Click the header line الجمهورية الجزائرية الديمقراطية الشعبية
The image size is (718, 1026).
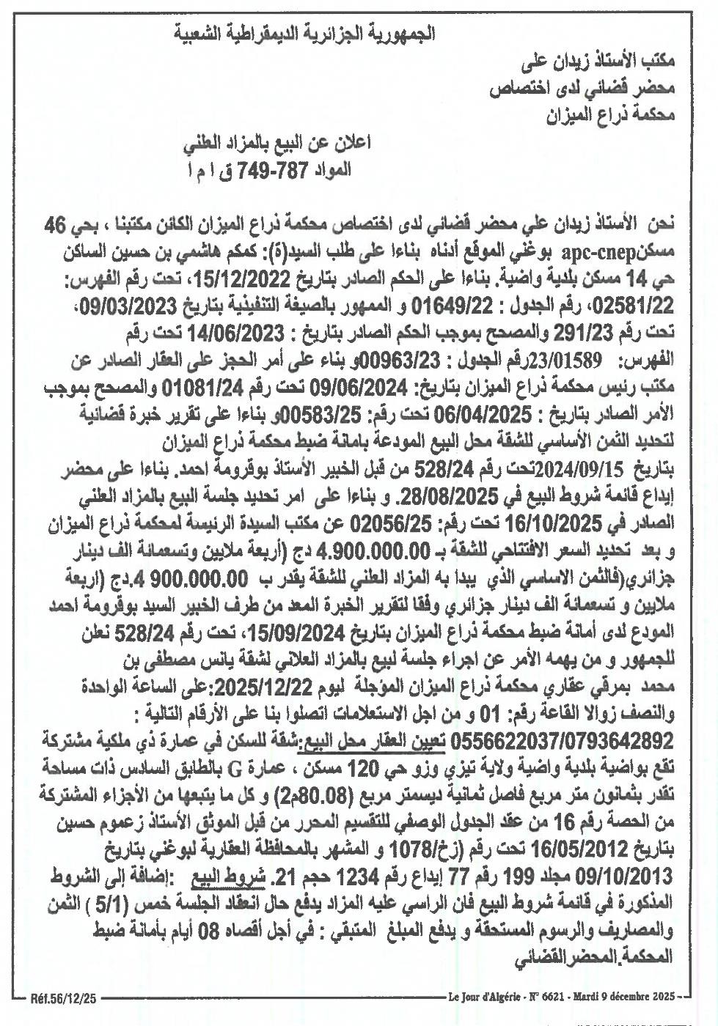tap(307, 34)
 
